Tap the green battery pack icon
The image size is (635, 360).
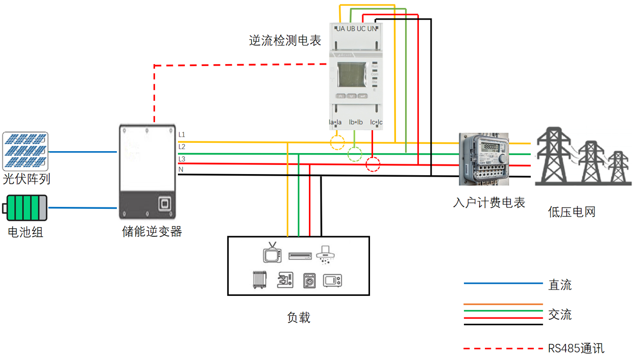[25, 208]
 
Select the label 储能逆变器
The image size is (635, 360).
[152, 231]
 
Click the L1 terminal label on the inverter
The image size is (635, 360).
[182, 135]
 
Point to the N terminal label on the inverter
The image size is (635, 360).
[181, 169]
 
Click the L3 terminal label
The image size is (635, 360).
[182, 159]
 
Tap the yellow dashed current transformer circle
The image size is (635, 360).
[337, 142]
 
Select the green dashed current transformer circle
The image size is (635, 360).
[354, 154]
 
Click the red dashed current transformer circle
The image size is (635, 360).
[373, 164]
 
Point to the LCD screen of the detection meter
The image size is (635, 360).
[348, 76]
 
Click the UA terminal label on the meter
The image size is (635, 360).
[340, 29]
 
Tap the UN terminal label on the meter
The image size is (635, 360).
[372, 29]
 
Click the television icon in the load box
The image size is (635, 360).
[272, 253]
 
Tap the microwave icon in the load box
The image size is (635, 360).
[332, 281]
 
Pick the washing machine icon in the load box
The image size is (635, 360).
[309, 281]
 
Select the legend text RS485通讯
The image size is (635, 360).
[576, 349]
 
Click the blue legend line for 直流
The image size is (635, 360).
[503, 284]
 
